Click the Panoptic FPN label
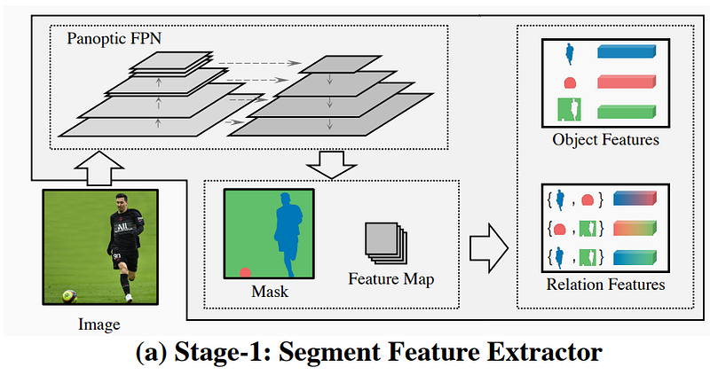tap(114, 39)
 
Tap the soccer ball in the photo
tap(69, 297)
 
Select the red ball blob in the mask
tap(245, 272)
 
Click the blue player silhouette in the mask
tap(288, 234)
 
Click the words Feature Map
tap(391, 279)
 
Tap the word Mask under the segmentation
tap(270, 292)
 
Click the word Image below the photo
tap(99, 324)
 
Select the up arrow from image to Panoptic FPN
tap(99, 168)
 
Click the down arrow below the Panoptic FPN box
tap(332, 165)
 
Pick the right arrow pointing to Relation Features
tap(489, 247)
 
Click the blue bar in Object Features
tap(627, 51)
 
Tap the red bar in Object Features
tap(627, 82)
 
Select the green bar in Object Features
tap(627, 112)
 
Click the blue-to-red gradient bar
tap(635, 198)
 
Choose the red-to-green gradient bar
tap(635, 228)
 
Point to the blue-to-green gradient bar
tap(635, 258)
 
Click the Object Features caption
tap(605, 140)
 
